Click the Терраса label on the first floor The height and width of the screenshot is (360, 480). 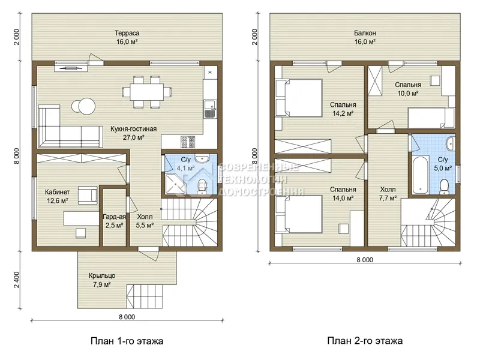127,33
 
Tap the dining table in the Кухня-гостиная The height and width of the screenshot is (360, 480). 147,92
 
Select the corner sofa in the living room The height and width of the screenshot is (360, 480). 70,127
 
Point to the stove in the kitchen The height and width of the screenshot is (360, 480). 187,142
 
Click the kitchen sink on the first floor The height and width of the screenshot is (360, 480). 211,109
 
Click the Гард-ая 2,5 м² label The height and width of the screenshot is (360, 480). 114,221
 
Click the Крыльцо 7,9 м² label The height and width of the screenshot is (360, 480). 102,280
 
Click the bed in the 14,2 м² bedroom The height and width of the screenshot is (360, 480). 299,98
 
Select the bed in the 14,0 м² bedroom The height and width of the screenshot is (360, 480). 299,215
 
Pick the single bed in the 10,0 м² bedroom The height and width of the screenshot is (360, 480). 431,118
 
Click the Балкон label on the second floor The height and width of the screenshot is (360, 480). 365,33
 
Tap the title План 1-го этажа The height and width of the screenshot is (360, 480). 127,341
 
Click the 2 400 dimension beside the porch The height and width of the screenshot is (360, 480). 17,280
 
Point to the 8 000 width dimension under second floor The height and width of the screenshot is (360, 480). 365,260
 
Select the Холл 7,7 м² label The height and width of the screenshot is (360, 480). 388,194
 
